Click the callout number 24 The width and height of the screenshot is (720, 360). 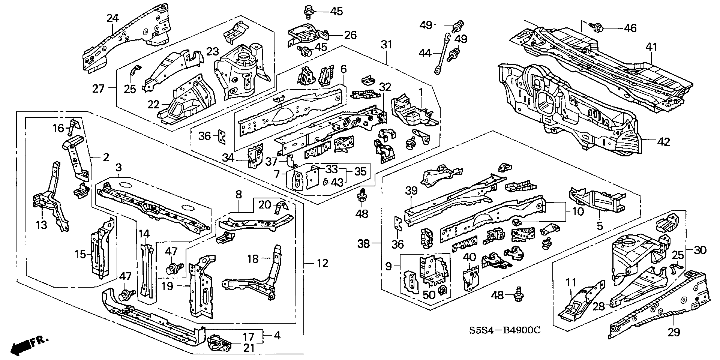click(112, 18)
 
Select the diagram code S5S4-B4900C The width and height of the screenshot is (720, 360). click(504, 331)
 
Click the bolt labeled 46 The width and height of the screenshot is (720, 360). click(597, 27)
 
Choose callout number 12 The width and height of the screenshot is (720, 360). click(322, 263)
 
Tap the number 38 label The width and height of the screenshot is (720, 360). click(364, 244)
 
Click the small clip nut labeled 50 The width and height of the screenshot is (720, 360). click(443, 289)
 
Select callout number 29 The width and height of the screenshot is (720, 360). click(674, 332)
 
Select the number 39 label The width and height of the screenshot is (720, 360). click(411, 190)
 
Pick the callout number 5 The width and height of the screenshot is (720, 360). click(600, 226)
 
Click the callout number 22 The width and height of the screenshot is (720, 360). click(153, 104)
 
